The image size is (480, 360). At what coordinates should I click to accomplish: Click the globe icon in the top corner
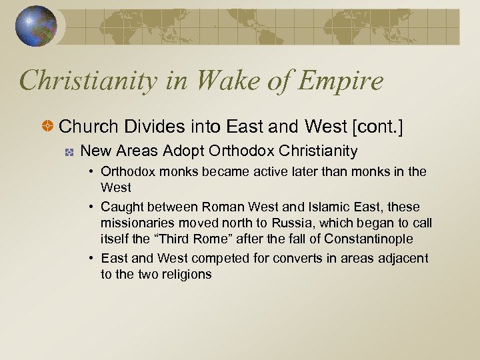[x=37, y=27]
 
